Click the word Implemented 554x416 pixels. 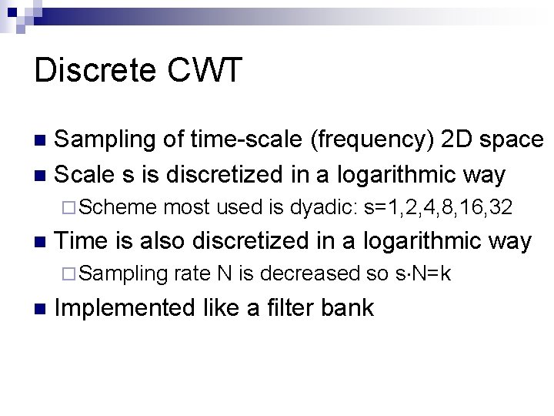point(125,308)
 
